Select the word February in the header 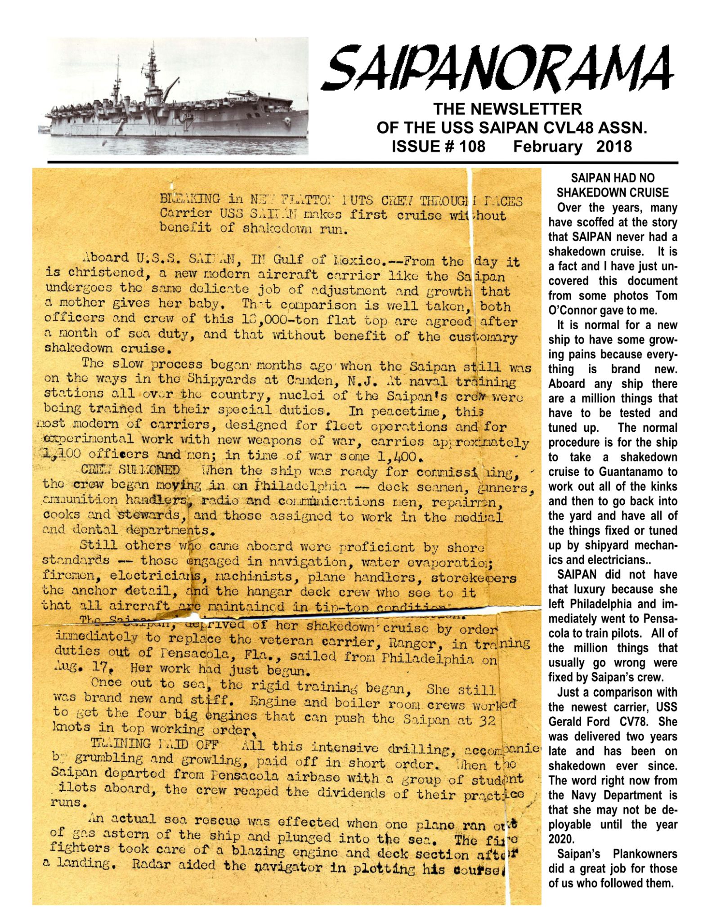pos(547,147)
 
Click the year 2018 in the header pos(613,147)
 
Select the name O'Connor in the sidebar pos(573,310)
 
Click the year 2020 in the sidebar pos(561,839)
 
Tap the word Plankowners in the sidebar pos(648,854)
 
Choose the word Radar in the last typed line pos(151,865)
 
